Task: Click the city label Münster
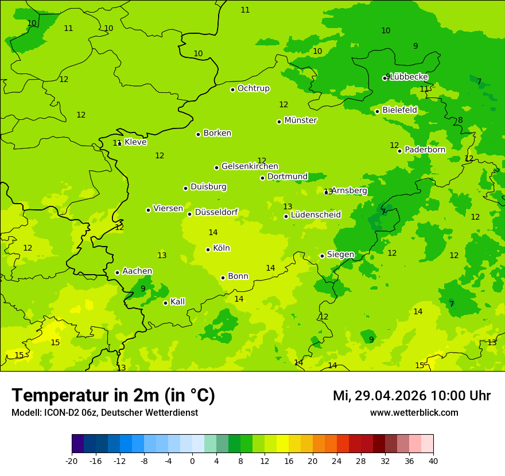pyautogui.click(x=300, y=120)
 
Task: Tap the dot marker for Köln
pyautogui.click(x=208, y=249)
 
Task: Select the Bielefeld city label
pyautogui.click(x=399, y=110)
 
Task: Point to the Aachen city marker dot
pyautogui.click(x=117, y=272)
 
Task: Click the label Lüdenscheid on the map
pyautogui.click(x=316, y=215)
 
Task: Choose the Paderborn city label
pyautogui.click(x=425, y=150)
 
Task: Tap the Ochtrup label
pyautogui.click(x=253, y=88)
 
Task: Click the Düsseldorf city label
pyautogui.click(x=216, y=212)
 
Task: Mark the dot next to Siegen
pyautogui.click(x=322, y=256)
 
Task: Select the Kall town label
pyautogui.click(x=177, y=302)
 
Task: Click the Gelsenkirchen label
pyautogui.click(x=250, y=166)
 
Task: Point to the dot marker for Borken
pyautogui.click(x=198, y=134)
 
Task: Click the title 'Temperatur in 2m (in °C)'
pyautogui.click(x=113, y=395)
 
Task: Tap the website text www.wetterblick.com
pyautogui.click(x=414, y=412)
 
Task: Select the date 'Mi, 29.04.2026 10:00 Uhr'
pyautogui.click(x=411, y=396)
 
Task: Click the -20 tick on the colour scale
pyautogui.click(x=72, y=461)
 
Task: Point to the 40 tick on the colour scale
pyautogui.click(x=433, y=461)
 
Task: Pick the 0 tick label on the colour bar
pyautogui.click(x=192, y=461)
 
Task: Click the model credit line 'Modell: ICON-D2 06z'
pyautogui.click(x=104, y=412)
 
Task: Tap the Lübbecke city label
pyautogui.click(x=409, y=77)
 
